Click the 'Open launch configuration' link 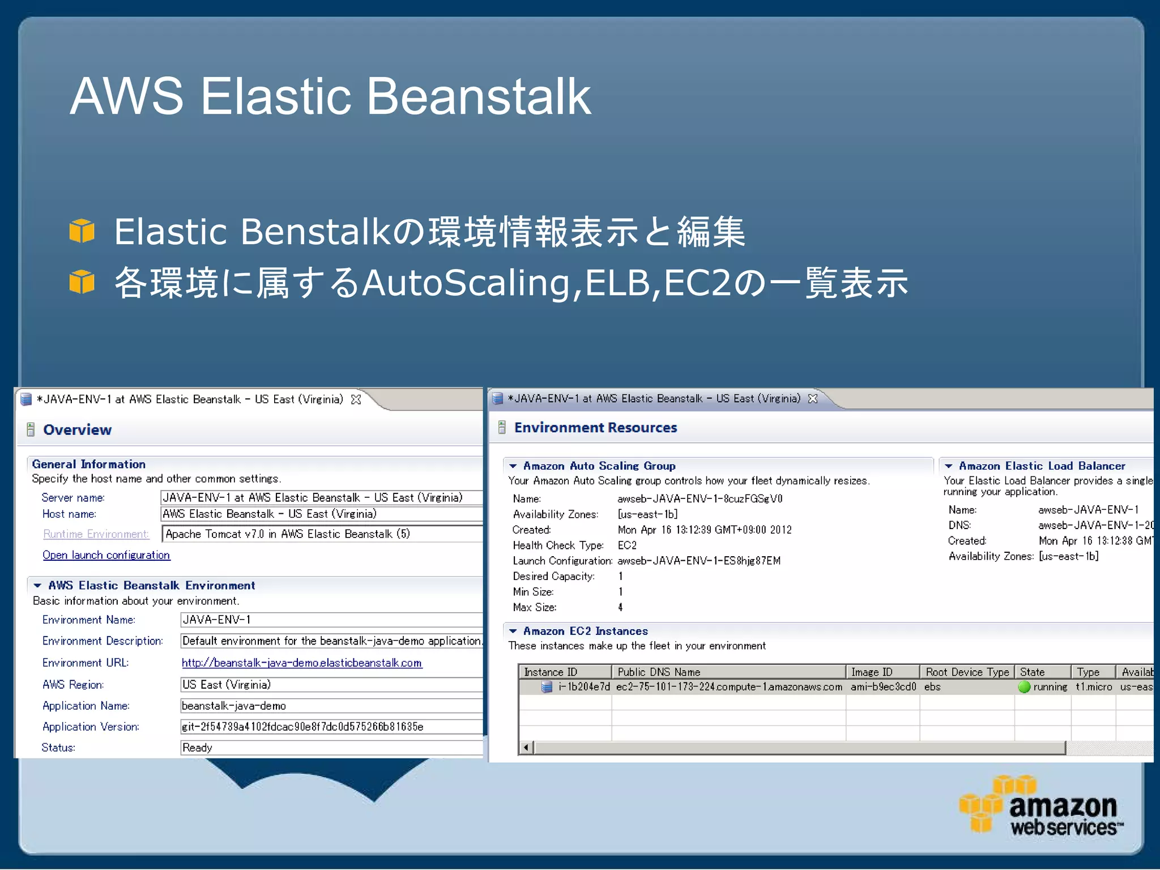pos(106,555)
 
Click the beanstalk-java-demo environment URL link pos(301,663)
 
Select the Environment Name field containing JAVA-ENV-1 pos(331,620)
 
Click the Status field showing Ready pos(331,748)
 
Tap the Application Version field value pos(331,727)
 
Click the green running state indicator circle pos(1024,687)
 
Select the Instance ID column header pos(564,672)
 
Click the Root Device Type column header pos(967,672)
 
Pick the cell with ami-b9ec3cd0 pos(882,687)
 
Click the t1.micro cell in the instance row pos(1094,687)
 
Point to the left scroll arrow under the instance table pos(526,748)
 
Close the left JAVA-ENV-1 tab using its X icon pos(356,399)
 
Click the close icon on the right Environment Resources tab pos(813,399)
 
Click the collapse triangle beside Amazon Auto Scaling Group pos(513,466)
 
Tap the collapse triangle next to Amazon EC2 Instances pos(513,631)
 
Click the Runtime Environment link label pos(96,534)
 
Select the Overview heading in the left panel pos(77,430)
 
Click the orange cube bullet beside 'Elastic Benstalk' pos(82,231)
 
